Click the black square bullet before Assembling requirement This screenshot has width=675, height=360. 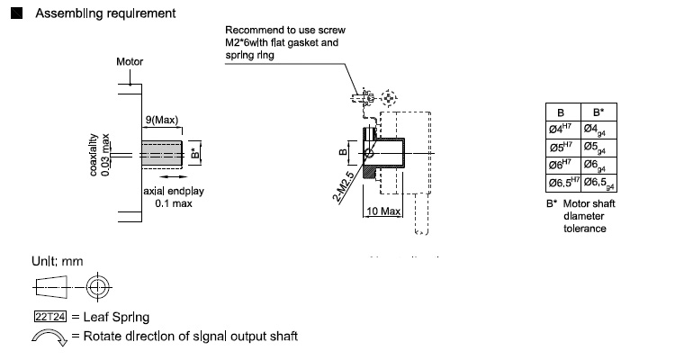14,13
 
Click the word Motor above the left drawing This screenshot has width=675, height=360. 130,62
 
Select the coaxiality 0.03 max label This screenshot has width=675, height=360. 100,155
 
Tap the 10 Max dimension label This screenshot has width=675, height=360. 383,211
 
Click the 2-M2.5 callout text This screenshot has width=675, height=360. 343,186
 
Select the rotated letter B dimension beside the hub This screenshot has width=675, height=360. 342,152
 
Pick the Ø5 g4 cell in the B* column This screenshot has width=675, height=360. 598,147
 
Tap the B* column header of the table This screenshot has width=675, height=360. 598,113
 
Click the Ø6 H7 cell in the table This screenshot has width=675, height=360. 561,165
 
